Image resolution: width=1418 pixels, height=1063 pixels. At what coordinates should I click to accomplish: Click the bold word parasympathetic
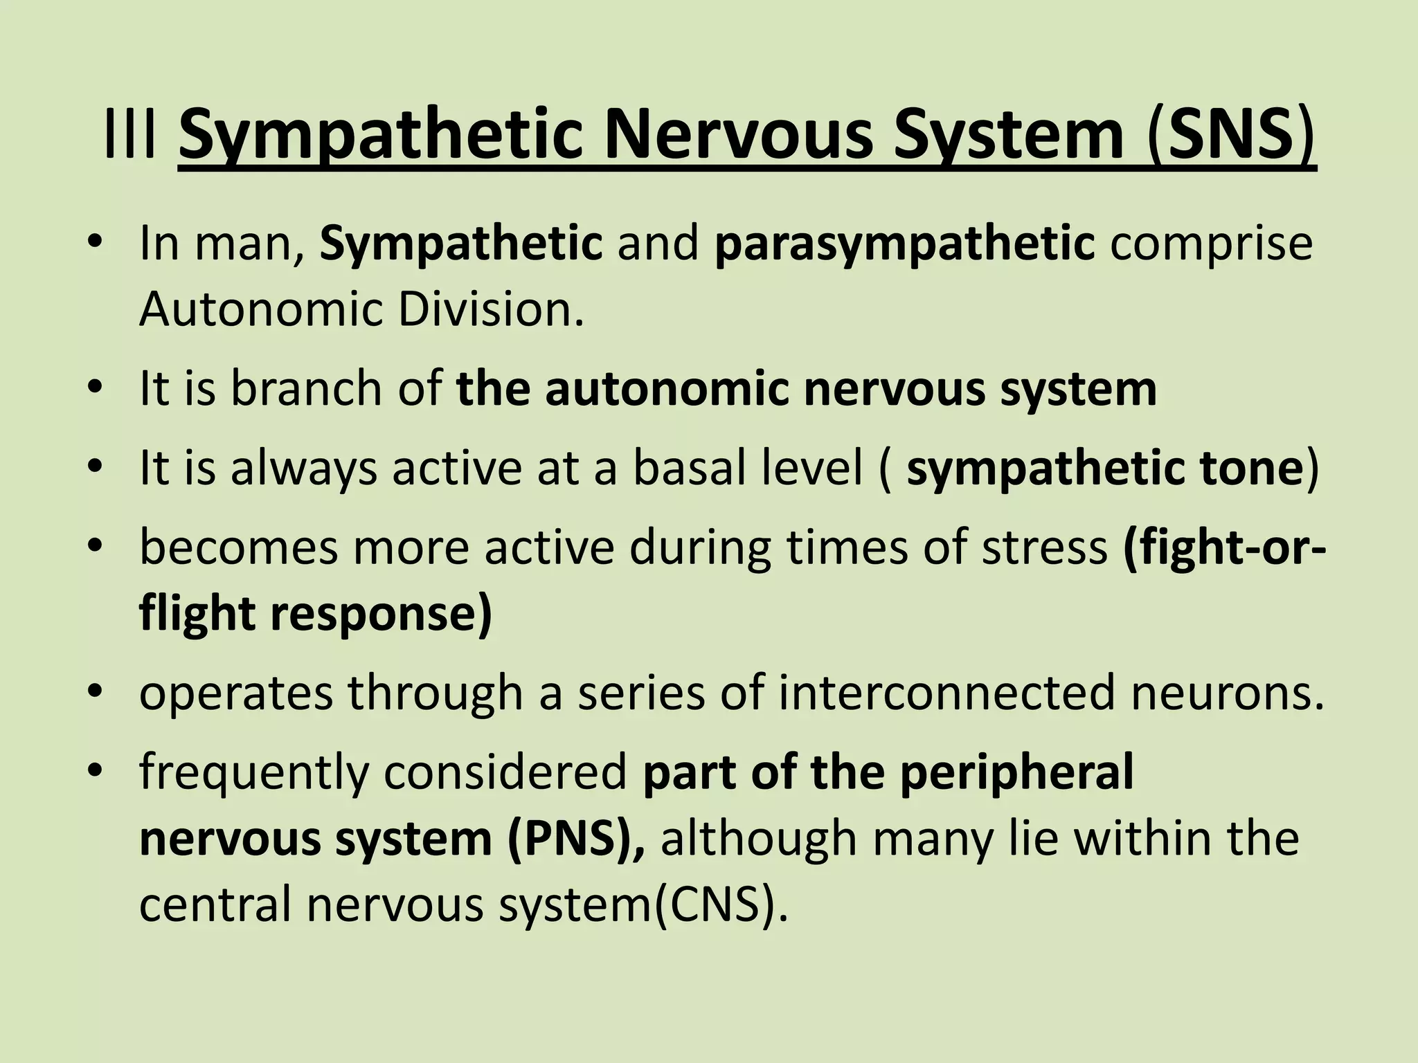pos(904,244)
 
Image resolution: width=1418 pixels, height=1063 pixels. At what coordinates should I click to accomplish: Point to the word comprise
pos(1211,244)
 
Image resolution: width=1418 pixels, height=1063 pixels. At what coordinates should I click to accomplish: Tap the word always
pos(304,469)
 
